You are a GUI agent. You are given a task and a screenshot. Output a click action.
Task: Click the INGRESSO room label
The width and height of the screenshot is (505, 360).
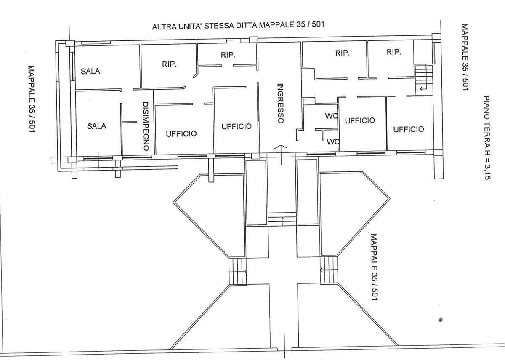[x=280, y=103]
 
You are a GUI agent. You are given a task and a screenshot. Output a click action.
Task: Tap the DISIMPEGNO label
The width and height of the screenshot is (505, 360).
[x=146, y=126]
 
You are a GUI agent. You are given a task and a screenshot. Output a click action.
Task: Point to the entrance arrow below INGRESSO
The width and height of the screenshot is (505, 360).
[x=281, y=155]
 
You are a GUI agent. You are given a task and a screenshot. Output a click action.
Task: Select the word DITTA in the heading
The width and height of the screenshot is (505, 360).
[x=246, y=25]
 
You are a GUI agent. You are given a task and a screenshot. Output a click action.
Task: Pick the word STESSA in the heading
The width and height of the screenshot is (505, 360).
[x=219, y=26]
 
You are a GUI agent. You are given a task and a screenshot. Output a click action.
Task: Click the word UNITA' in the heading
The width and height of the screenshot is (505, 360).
[x=190, y=27]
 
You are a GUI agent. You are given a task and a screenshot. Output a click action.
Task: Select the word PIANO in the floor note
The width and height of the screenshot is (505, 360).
[x=487, y=108]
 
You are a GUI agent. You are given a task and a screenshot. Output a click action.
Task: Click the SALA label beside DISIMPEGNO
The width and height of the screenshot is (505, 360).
[x=97, y=126]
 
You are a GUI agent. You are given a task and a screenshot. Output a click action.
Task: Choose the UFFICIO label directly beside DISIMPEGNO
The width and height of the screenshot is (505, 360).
[x=181, y=134]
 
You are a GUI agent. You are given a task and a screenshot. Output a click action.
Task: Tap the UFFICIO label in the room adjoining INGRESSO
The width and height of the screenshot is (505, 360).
[x=237, y=126]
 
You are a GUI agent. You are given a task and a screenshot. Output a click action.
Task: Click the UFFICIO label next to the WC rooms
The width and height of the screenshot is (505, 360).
[x=360, y=120]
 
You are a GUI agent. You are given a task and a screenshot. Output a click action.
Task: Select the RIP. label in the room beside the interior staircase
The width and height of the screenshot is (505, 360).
[x=394, y=52]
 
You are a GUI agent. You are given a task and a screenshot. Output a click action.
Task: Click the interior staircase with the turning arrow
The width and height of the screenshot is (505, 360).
[x=424, y=78]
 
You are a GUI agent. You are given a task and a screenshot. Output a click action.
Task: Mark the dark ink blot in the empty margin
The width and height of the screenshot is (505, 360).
[x=440, y=320]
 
